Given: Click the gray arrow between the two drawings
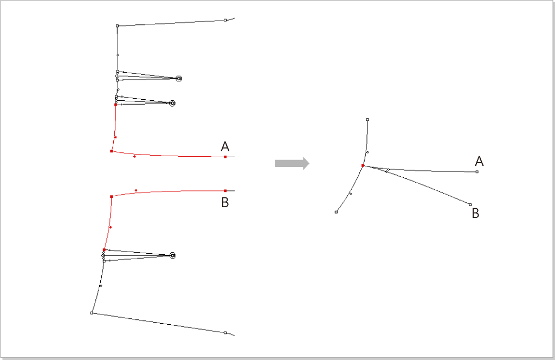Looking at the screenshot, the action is tap(292, 163).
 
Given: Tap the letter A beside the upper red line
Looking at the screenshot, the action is tap(225, 146).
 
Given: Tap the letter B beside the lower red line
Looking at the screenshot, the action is tap(225, 202).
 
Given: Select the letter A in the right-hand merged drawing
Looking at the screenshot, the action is tap(479, 162).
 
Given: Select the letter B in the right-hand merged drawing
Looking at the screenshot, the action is tap(475, 214).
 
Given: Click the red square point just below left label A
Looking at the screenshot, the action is tap(225, 157).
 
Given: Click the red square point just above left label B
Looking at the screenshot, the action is tap(225, 191).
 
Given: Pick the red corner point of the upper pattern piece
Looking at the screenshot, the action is tap(112, 151).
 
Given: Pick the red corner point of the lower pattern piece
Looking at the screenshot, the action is tap(112, 196).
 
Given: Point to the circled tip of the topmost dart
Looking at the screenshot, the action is tap(179, 79).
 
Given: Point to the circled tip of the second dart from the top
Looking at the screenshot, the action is tap(172, 103).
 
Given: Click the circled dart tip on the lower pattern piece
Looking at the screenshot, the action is tap(173, 255).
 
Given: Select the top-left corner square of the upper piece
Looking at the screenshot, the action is tap(118, 26).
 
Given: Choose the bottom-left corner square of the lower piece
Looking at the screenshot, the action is tap(92, 313).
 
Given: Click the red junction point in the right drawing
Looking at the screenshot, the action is tap(363, 166).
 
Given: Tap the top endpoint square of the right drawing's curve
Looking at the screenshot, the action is tap(367, 120).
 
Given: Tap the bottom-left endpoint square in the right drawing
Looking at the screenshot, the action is tap(336, 212).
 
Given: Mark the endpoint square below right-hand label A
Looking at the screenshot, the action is tap(477, 172).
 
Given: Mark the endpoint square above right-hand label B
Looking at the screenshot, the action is tap(470, 204).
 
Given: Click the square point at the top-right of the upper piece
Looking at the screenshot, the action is tap(225, 20).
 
